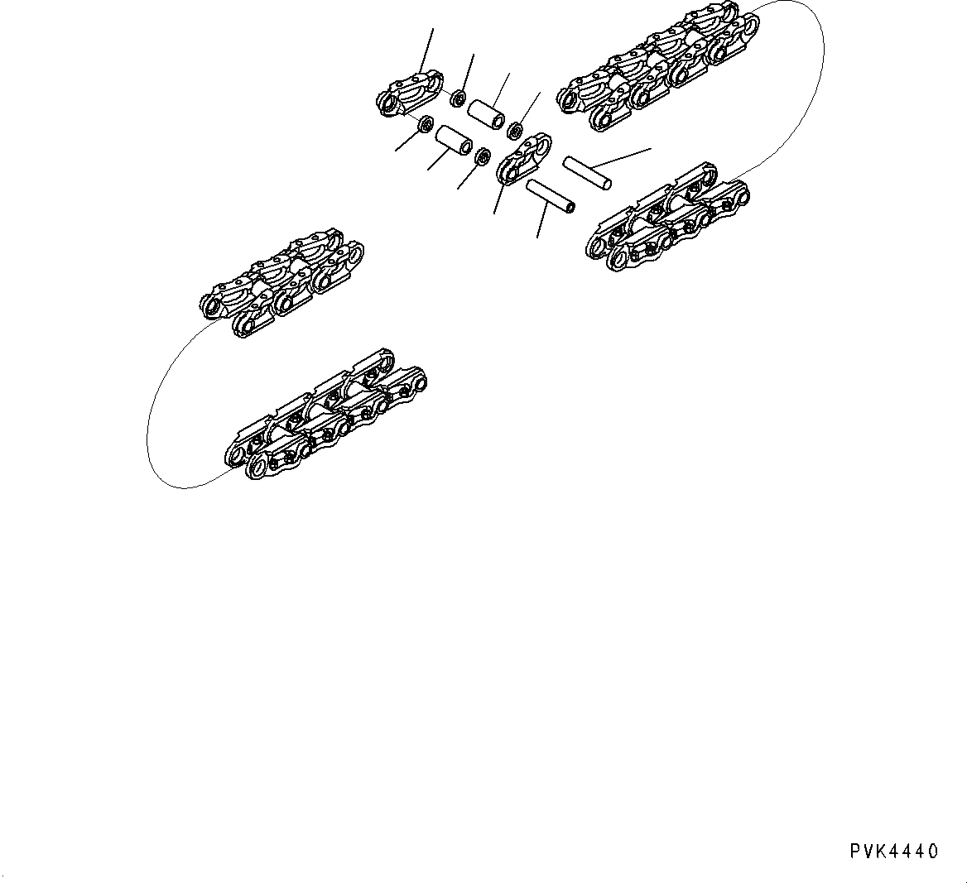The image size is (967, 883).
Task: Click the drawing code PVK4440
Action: tap(892, 852)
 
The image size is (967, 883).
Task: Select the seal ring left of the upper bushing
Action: tap(457, 99)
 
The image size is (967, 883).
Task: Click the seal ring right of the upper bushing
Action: tap(513, 129)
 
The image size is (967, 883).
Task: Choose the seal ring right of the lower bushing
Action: tap(481, 155)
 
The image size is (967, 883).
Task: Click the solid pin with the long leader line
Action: tap(587, 170)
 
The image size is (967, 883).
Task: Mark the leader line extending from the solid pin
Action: tap(629, 155)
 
